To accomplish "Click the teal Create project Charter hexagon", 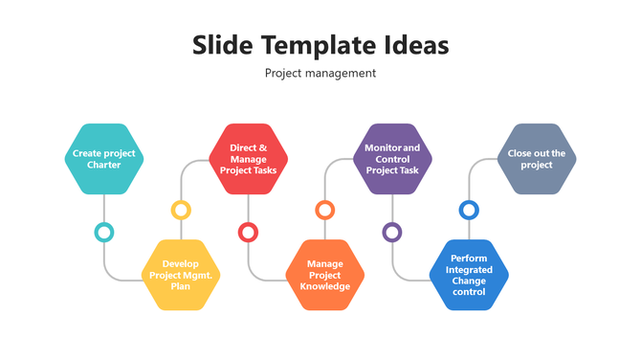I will pos(104,159).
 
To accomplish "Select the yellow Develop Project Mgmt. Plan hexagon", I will pos(181,275).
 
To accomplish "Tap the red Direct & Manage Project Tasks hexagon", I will pos(249,159).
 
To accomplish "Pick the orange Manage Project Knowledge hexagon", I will pos(325,275).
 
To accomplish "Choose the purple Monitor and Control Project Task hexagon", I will pos(392,159).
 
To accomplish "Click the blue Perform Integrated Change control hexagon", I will pos(469,275).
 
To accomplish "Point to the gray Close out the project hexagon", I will pos(537,159).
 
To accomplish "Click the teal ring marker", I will pos(104,232).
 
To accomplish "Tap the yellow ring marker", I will pos(181,210).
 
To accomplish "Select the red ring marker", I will pos(249,232).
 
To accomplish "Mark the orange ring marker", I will pos(325,210).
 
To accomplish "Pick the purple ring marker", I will pos(392,232).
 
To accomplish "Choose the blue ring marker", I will pos(469,210).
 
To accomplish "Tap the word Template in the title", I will pos(318,45).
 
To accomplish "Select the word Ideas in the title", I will pos(417,45).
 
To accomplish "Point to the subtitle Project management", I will pos(320,73).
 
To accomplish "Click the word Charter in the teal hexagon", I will pos(104,166).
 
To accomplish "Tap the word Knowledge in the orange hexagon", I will pos(325,286).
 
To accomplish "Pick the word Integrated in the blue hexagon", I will pos(469,269).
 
